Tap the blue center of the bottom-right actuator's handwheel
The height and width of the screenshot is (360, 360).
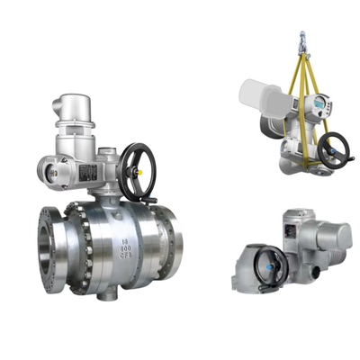click(x=269, y=265)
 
